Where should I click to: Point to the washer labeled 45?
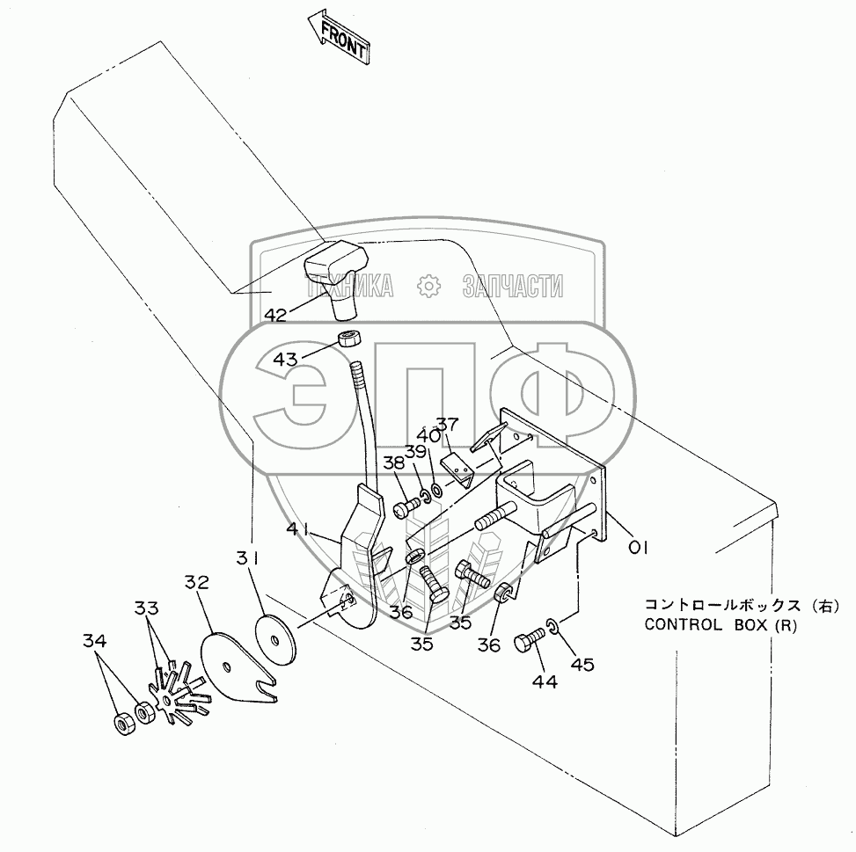551,626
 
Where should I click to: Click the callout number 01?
638,547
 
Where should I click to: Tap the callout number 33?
147,608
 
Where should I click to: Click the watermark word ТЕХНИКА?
348,286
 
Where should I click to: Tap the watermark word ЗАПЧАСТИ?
512,286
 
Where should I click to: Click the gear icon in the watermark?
428,286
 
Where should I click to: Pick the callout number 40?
428,434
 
